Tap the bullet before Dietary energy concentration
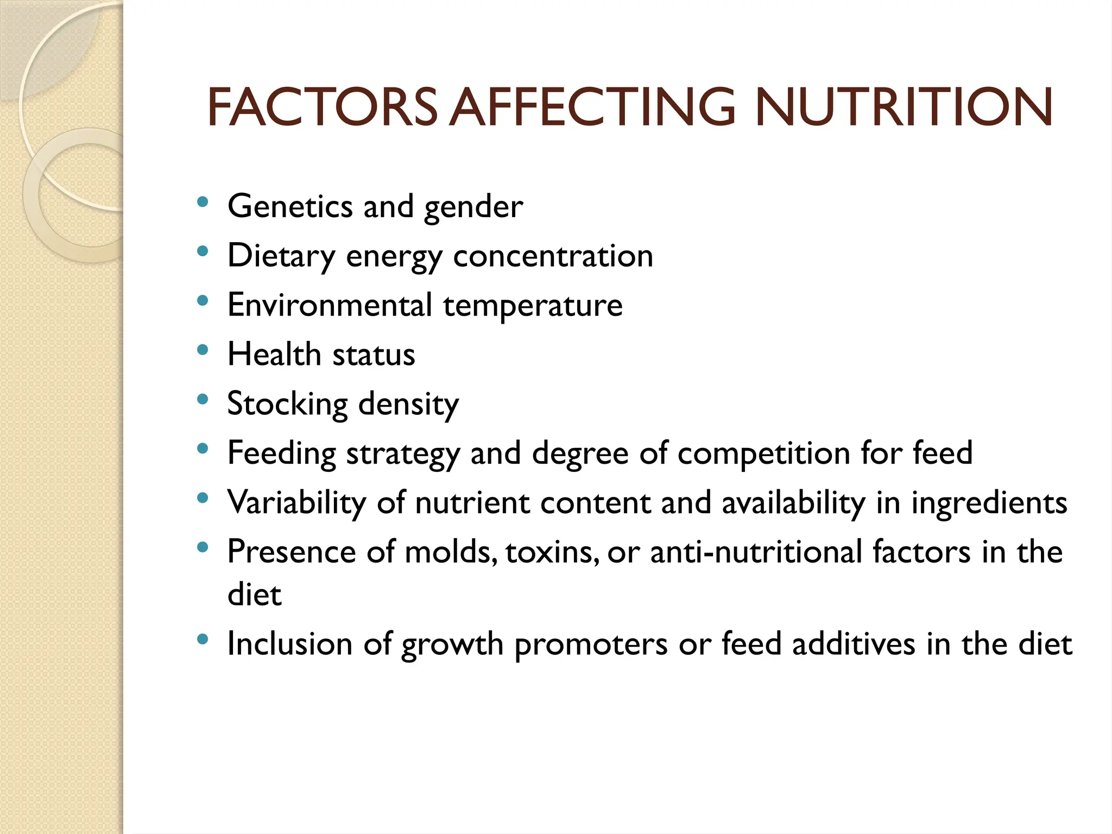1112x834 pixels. point(203,251)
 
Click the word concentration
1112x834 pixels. point(553,256)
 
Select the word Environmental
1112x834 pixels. point(330,305)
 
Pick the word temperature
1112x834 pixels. point(533,306)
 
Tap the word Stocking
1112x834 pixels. point(287,405)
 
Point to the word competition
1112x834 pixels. point(764,453)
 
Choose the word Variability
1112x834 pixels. point(296,503)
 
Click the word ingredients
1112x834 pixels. point(989,503)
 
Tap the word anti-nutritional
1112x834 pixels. point(756,552)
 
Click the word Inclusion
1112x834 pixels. point(290,644)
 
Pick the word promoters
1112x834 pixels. point(591,645)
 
